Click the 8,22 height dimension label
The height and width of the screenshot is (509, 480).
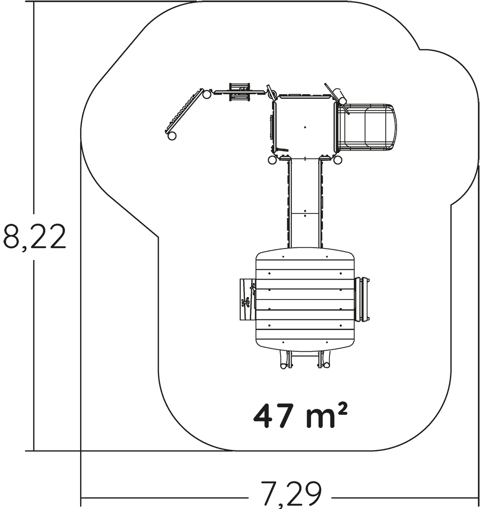34,237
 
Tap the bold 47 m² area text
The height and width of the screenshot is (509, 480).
300,416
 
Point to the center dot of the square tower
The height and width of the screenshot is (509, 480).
305,127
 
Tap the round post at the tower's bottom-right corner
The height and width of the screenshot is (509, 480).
338,160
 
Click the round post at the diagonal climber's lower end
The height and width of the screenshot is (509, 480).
172,136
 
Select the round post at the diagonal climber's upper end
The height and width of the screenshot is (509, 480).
207,95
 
